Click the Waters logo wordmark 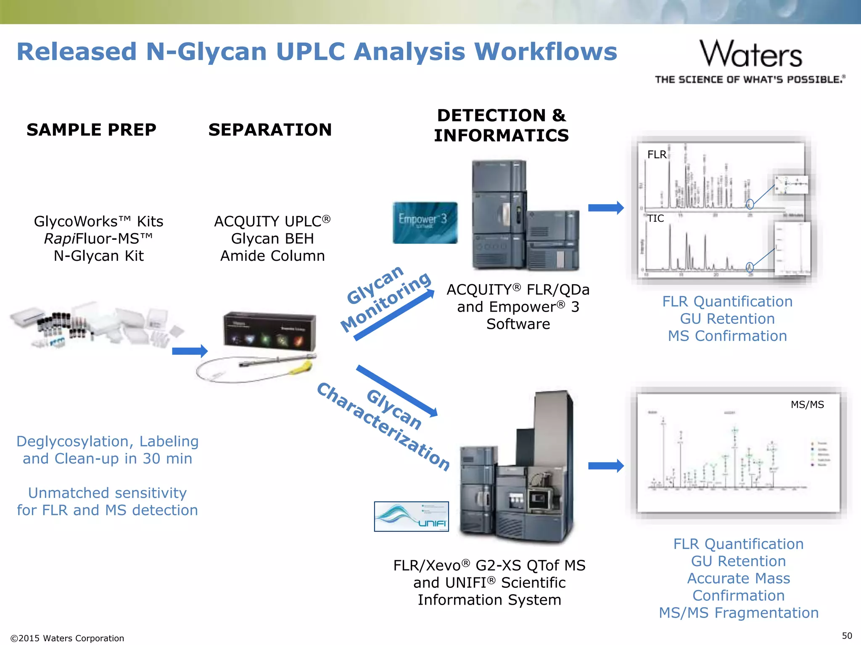point(751,54)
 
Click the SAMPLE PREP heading point(91,130)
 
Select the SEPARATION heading point(270,130)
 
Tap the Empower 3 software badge point(425,223)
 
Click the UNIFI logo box point(411,516)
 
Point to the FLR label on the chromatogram point(657,155)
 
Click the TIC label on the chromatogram point(655,218)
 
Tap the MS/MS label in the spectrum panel point(807,404)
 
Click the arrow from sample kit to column point(190,351)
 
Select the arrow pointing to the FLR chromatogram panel point(605,207)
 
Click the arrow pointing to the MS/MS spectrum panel point(605,465)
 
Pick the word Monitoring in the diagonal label point(386,302)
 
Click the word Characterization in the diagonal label point(383,427)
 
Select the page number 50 point(847,636)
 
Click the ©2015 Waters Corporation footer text point(67,638)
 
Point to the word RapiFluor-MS point(98,239)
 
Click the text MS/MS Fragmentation point(739,613)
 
